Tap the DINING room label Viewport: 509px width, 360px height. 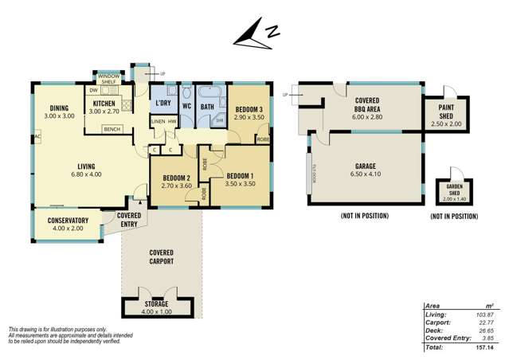coord(59,109)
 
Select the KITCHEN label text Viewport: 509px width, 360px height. coord(106,104)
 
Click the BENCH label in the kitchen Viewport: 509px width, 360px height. coord(112,129)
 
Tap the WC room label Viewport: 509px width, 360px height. coord(186,106)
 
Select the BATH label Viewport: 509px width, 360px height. coord(207,106)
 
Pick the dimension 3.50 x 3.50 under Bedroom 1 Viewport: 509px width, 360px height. coord(240,184)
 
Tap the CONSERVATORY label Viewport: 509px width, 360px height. coord(68,221)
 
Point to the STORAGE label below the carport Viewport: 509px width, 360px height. coord(157,303)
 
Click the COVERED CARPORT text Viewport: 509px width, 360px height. coord(161,256)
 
